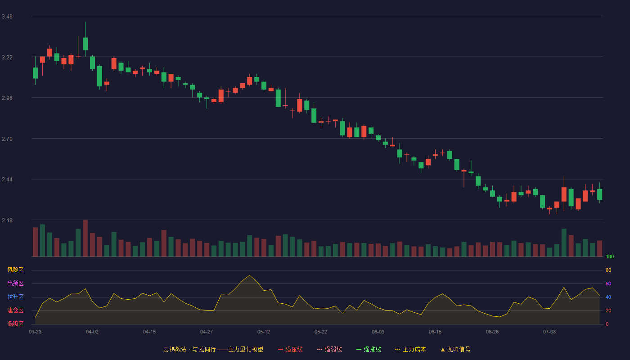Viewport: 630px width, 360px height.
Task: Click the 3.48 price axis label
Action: pyautogui.click(x=7, y=17)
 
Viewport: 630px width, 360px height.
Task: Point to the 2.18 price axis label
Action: pyautogui.click(x=7, y=220)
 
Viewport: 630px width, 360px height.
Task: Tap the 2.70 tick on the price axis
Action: pyautogui.click(x=7, y=139)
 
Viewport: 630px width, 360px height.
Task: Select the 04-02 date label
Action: pyautogui.click(x=92, y=332)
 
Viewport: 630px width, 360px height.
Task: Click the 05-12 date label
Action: pyautogui.click(x=264, y=332)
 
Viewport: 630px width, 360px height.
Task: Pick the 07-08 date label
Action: pyautogui.click(x=549, y=332)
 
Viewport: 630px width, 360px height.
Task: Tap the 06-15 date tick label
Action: pyautogui.click(x=435, y=332)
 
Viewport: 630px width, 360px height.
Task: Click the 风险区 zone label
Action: pyautogui.click(x=15, y=270)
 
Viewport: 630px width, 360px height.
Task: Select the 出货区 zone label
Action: pyautogui.click(x=15, y=283)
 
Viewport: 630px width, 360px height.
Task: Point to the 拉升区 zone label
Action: pyautogui.click(x=15, y=297)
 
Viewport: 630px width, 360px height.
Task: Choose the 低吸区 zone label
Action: pyautogui.click(x=15, y=324)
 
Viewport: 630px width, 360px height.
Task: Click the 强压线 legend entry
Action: pyautogui.click(x=290, y=349)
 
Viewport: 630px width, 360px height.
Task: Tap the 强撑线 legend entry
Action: pyautogui.click(x=369, y=349)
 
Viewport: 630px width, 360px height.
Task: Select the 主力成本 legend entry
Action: pyautogui.click(x=410, y=349)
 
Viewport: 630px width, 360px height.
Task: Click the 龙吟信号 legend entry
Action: pyautogui.click(x=455, y=349)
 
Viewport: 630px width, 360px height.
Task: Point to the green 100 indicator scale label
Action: pyautogui.click(x=610, y=256)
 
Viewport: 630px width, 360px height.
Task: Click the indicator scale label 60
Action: pyautogui.click(x=608, y=283)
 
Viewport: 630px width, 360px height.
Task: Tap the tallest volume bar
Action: pyautogui.click(x=85, y=238)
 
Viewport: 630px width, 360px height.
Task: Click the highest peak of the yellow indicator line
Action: pyautogui.click(x=249, y=275)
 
